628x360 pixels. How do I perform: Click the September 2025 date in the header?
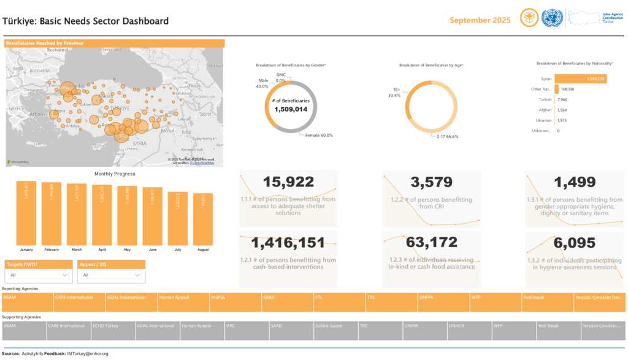click(x=480, y=20)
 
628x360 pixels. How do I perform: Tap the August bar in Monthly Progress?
click(x=207, y=218)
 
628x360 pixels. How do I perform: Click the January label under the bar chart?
click(x=26, y=250)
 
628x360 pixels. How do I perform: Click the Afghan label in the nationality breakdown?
click(x=545, y=110)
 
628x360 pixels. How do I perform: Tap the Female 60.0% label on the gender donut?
click(x=319, y=135)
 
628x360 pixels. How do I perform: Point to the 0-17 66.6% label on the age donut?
click(x=448, y=136)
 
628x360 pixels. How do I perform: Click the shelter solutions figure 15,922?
click(x=288, y=182)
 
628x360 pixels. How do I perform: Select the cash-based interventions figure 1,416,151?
click(x=288, y=243)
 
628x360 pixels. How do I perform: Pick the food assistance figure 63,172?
click(x=432, y=243)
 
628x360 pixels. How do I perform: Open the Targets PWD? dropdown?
click(x=38, y=275)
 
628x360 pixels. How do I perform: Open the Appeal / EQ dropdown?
click(x=111, y=275)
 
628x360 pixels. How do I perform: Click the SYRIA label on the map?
click(x=139, y=143)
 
